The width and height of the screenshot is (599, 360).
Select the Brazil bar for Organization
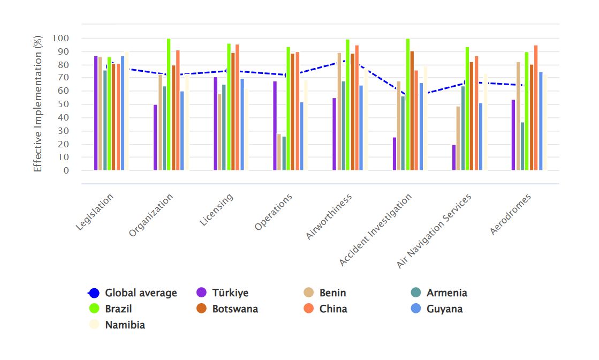pyautogui.click(x=169, y=104)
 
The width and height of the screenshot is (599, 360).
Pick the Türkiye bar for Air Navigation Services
pyautogui.click(x=454, y=157)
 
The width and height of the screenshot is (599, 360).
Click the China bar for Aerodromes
pyautogui.click(x=536, y=108)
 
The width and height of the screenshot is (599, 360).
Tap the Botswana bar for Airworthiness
pyautogui.click(x=353, y=112)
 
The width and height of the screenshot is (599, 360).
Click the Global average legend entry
pyautogui.click(x=141, y=293)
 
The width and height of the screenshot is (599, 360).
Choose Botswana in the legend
pyautogui.click(x=235, y=309)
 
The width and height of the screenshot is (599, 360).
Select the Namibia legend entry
pyautogui.click(x=125, y=325)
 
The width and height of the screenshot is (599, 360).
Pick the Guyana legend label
pyautogui.click(x=444, y=309)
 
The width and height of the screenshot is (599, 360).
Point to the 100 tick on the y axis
pyautogui.click(x=60, y=39)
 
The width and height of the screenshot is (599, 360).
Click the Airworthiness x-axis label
pyautogui.click(x=330, y=216)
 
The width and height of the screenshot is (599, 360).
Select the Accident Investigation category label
pyautogui.click(x=377, y=229)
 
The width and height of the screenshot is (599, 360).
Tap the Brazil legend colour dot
pyautogui.click(x=94, y=309)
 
